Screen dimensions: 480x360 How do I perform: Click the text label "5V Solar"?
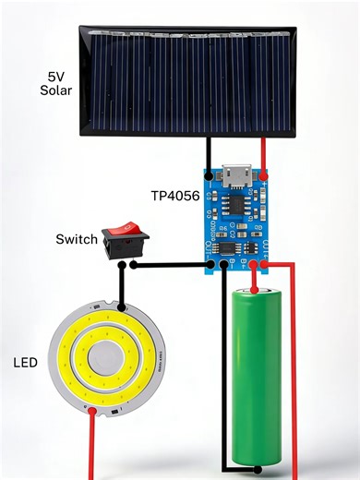(x=56, y=83)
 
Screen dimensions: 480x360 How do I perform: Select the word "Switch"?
(x=77, y=239)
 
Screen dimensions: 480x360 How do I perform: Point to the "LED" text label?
(x=25, y=363)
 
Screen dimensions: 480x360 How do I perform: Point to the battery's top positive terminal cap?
(x=256, y=292)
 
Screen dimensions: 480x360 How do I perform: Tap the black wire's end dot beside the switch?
(x=135, y=266)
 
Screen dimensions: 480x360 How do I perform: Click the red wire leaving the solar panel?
(x=265, y=152)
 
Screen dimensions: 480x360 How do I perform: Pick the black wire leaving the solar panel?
(x=210, y=152)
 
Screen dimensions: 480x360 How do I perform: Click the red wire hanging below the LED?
(x=92, y=448)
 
